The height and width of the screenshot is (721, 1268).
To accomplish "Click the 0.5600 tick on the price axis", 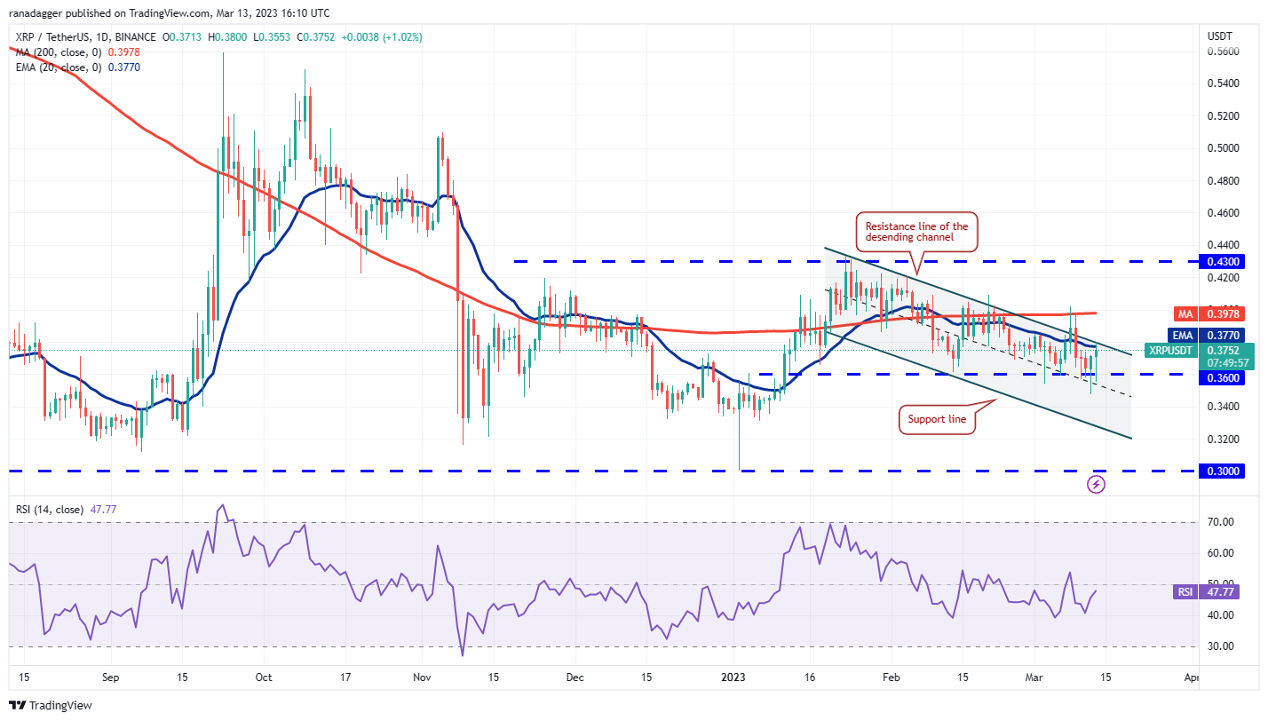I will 1221,51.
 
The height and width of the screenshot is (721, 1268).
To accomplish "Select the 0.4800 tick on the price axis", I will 1221,181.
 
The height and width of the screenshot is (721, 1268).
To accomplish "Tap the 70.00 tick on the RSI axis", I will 1221,522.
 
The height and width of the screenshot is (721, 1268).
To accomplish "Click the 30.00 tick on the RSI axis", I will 1221,646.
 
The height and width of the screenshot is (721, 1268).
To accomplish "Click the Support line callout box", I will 937,419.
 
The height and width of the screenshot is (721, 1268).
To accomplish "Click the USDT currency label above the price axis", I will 1219,36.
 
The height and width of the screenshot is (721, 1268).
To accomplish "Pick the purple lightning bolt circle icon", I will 1097,484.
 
